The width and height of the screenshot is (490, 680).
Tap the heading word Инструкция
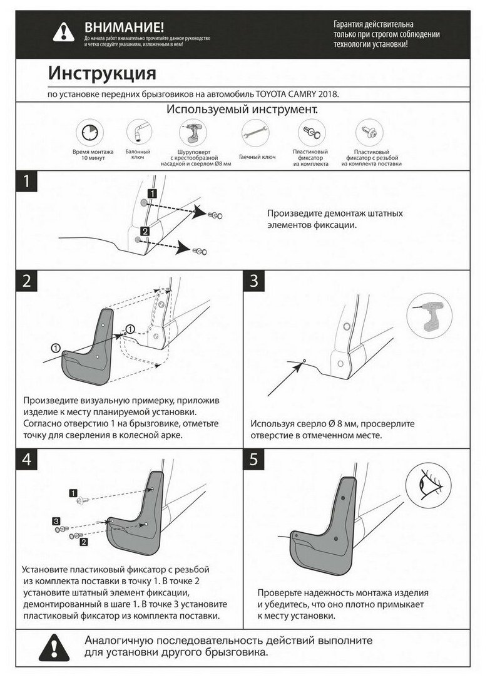[x=102, y=74]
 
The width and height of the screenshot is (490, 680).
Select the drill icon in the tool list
[x=191, y=133]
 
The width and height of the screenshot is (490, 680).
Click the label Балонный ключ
[x=138, y=155]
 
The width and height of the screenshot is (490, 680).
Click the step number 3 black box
[x=254, y=281]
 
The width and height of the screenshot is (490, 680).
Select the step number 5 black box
[x=254, y=459]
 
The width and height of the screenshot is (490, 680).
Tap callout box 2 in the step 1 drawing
[x=145, y=232]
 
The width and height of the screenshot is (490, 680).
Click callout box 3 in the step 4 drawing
[x=56, y=521]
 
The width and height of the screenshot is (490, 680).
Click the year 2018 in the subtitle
[x=327, y=94]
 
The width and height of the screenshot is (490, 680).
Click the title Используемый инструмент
[x=242, y=109]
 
